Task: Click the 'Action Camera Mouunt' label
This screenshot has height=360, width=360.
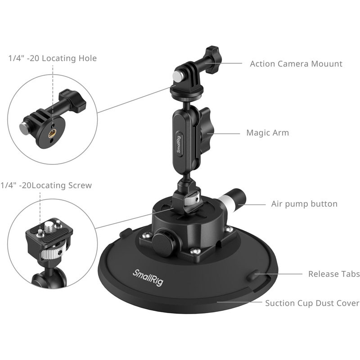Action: click(x=296, y=64)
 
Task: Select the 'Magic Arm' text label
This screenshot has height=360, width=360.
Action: click(x=267, y=133)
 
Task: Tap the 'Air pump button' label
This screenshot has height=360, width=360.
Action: click(x=304, y=204)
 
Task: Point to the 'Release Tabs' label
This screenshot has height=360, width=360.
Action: click(x=334, y=274)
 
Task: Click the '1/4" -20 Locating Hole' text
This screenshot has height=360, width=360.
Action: click(x=52, y=58)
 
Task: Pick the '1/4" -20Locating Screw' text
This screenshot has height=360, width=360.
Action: click(x=46, y=185)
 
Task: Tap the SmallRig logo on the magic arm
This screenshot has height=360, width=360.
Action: click(x=179, y=143)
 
